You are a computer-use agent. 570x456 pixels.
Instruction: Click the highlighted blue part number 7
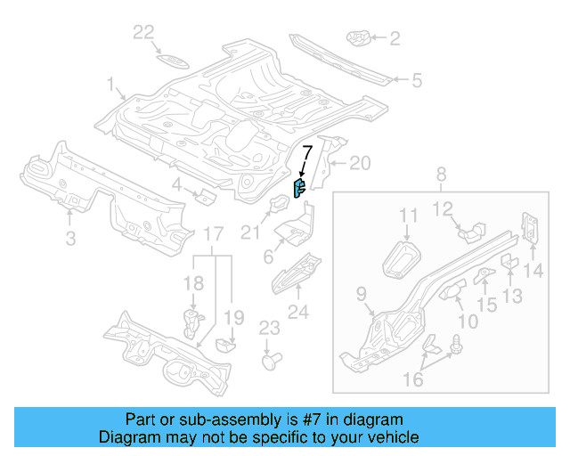[300, 187]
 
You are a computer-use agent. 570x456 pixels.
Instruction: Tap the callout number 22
[144, 33]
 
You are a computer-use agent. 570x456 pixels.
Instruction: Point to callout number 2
[395, 38]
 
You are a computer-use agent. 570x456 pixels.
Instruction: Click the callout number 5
[416, 81]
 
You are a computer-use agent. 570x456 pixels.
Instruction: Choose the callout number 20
[359, 163]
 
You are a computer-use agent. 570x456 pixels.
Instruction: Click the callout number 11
[408, 215]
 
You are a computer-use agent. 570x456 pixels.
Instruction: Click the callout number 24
[297, 312]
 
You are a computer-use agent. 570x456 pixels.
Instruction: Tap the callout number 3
[70, 237]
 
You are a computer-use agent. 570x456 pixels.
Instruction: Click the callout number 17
[213, 234]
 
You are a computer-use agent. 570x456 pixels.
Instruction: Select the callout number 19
[233, 317]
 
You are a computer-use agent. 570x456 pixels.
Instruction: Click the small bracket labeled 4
[204, 195]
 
